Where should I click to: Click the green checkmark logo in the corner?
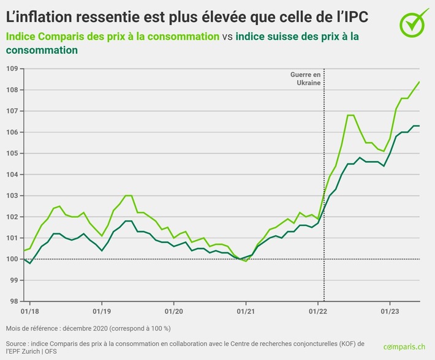pyautogui.click(x=415, y=21)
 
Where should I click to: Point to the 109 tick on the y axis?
pyautogui.click(x=11, y=69)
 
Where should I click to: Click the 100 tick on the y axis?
pyautogui.click(x=11, y=259)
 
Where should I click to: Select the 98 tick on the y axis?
pyautogui.click(x=12, y=301)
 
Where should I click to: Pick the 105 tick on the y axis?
pyautogui.click(x=11, y=153)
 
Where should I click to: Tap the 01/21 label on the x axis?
pyautogui.click(x=246, y=310)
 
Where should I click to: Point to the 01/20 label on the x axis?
pyautogui.click(x=173, y=310)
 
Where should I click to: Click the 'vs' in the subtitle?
pyautogui.click(x=227, y=37)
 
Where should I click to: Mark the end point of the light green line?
pyautogui.click(x=419, y=82)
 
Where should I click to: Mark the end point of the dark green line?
pyautogui.click(x=419, y=126)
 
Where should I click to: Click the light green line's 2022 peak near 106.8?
pyautogui.click(x=351, y=115)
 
